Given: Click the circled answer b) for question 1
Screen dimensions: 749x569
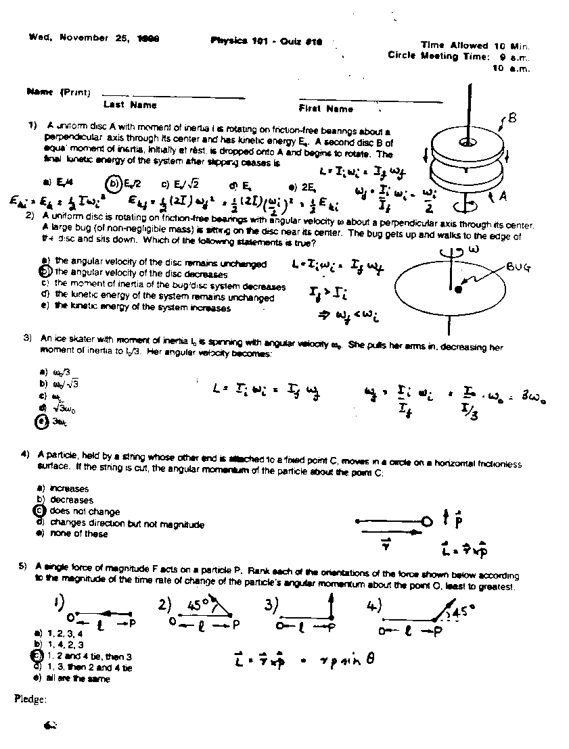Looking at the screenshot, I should pos(112,183).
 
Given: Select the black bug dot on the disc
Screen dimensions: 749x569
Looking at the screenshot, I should pos(458,289).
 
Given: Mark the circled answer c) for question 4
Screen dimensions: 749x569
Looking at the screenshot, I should pos(39,511).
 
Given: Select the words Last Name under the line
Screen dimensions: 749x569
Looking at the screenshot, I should pos(130,105).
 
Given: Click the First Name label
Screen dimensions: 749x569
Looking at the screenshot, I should pos(326,108).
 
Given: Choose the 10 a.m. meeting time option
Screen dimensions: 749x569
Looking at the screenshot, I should pos(511,68).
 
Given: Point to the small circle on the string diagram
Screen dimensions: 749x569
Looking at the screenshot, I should pos(426,521).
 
